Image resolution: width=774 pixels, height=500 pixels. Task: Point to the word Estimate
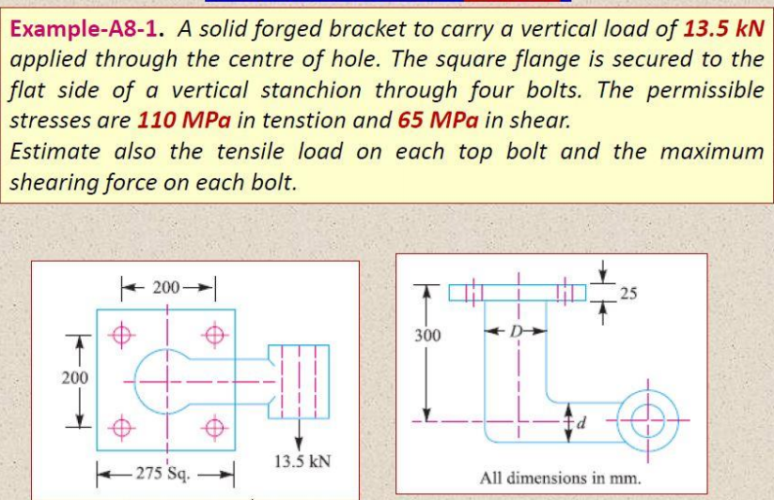point(54,151)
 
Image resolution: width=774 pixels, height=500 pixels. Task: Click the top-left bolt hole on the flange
point(120,331)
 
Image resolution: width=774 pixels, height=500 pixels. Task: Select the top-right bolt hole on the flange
point(215,331)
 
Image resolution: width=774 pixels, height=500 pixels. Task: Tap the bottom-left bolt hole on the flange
point(120,430)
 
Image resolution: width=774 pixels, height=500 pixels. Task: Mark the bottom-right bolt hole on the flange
point(215,430)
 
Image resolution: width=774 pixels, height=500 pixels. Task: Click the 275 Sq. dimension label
point(164,471)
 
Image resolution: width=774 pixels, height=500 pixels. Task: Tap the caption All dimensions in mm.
point(559,477)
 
